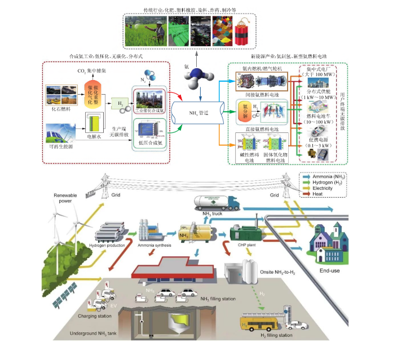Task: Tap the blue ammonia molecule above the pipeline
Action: click(x=196, y=74)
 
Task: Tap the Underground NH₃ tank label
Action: click(x=94, y=334)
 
